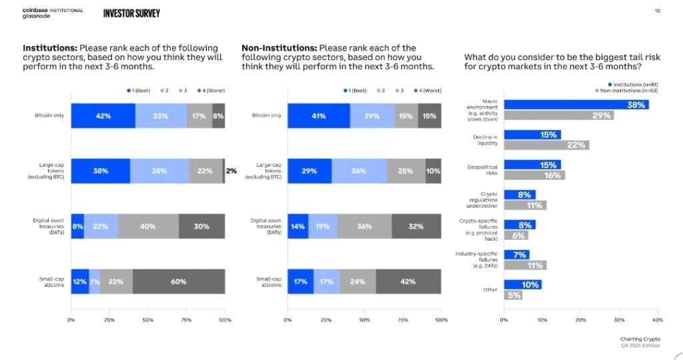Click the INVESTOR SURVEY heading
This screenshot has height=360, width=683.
[131, 13]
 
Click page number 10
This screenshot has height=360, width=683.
[658, 11]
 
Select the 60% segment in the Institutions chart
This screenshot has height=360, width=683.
[179, 281]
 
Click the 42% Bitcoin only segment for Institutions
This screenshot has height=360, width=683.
[103, 115]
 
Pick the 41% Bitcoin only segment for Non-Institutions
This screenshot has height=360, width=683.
[318, 115]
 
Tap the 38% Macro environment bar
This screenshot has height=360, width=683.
[576, 105]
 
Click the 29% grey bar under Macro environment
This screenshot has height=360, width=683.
[558, 115]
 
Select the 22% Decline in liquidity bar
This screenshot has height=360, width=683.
[546, 145]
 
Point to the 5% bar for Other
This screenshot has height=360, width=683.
[513, 295]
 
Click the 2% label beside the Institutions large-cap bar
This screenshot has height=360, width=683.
[231, 171]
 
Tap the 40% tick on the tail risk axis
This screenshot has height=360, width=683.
[656, 320]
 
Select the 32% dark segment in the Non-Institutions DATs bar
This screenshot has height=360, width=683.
[416, 226]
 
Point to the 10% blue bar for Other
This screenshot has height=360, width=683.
[522, 285]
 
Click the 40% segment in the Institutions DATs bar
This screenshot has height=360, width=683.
[148, 226]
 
